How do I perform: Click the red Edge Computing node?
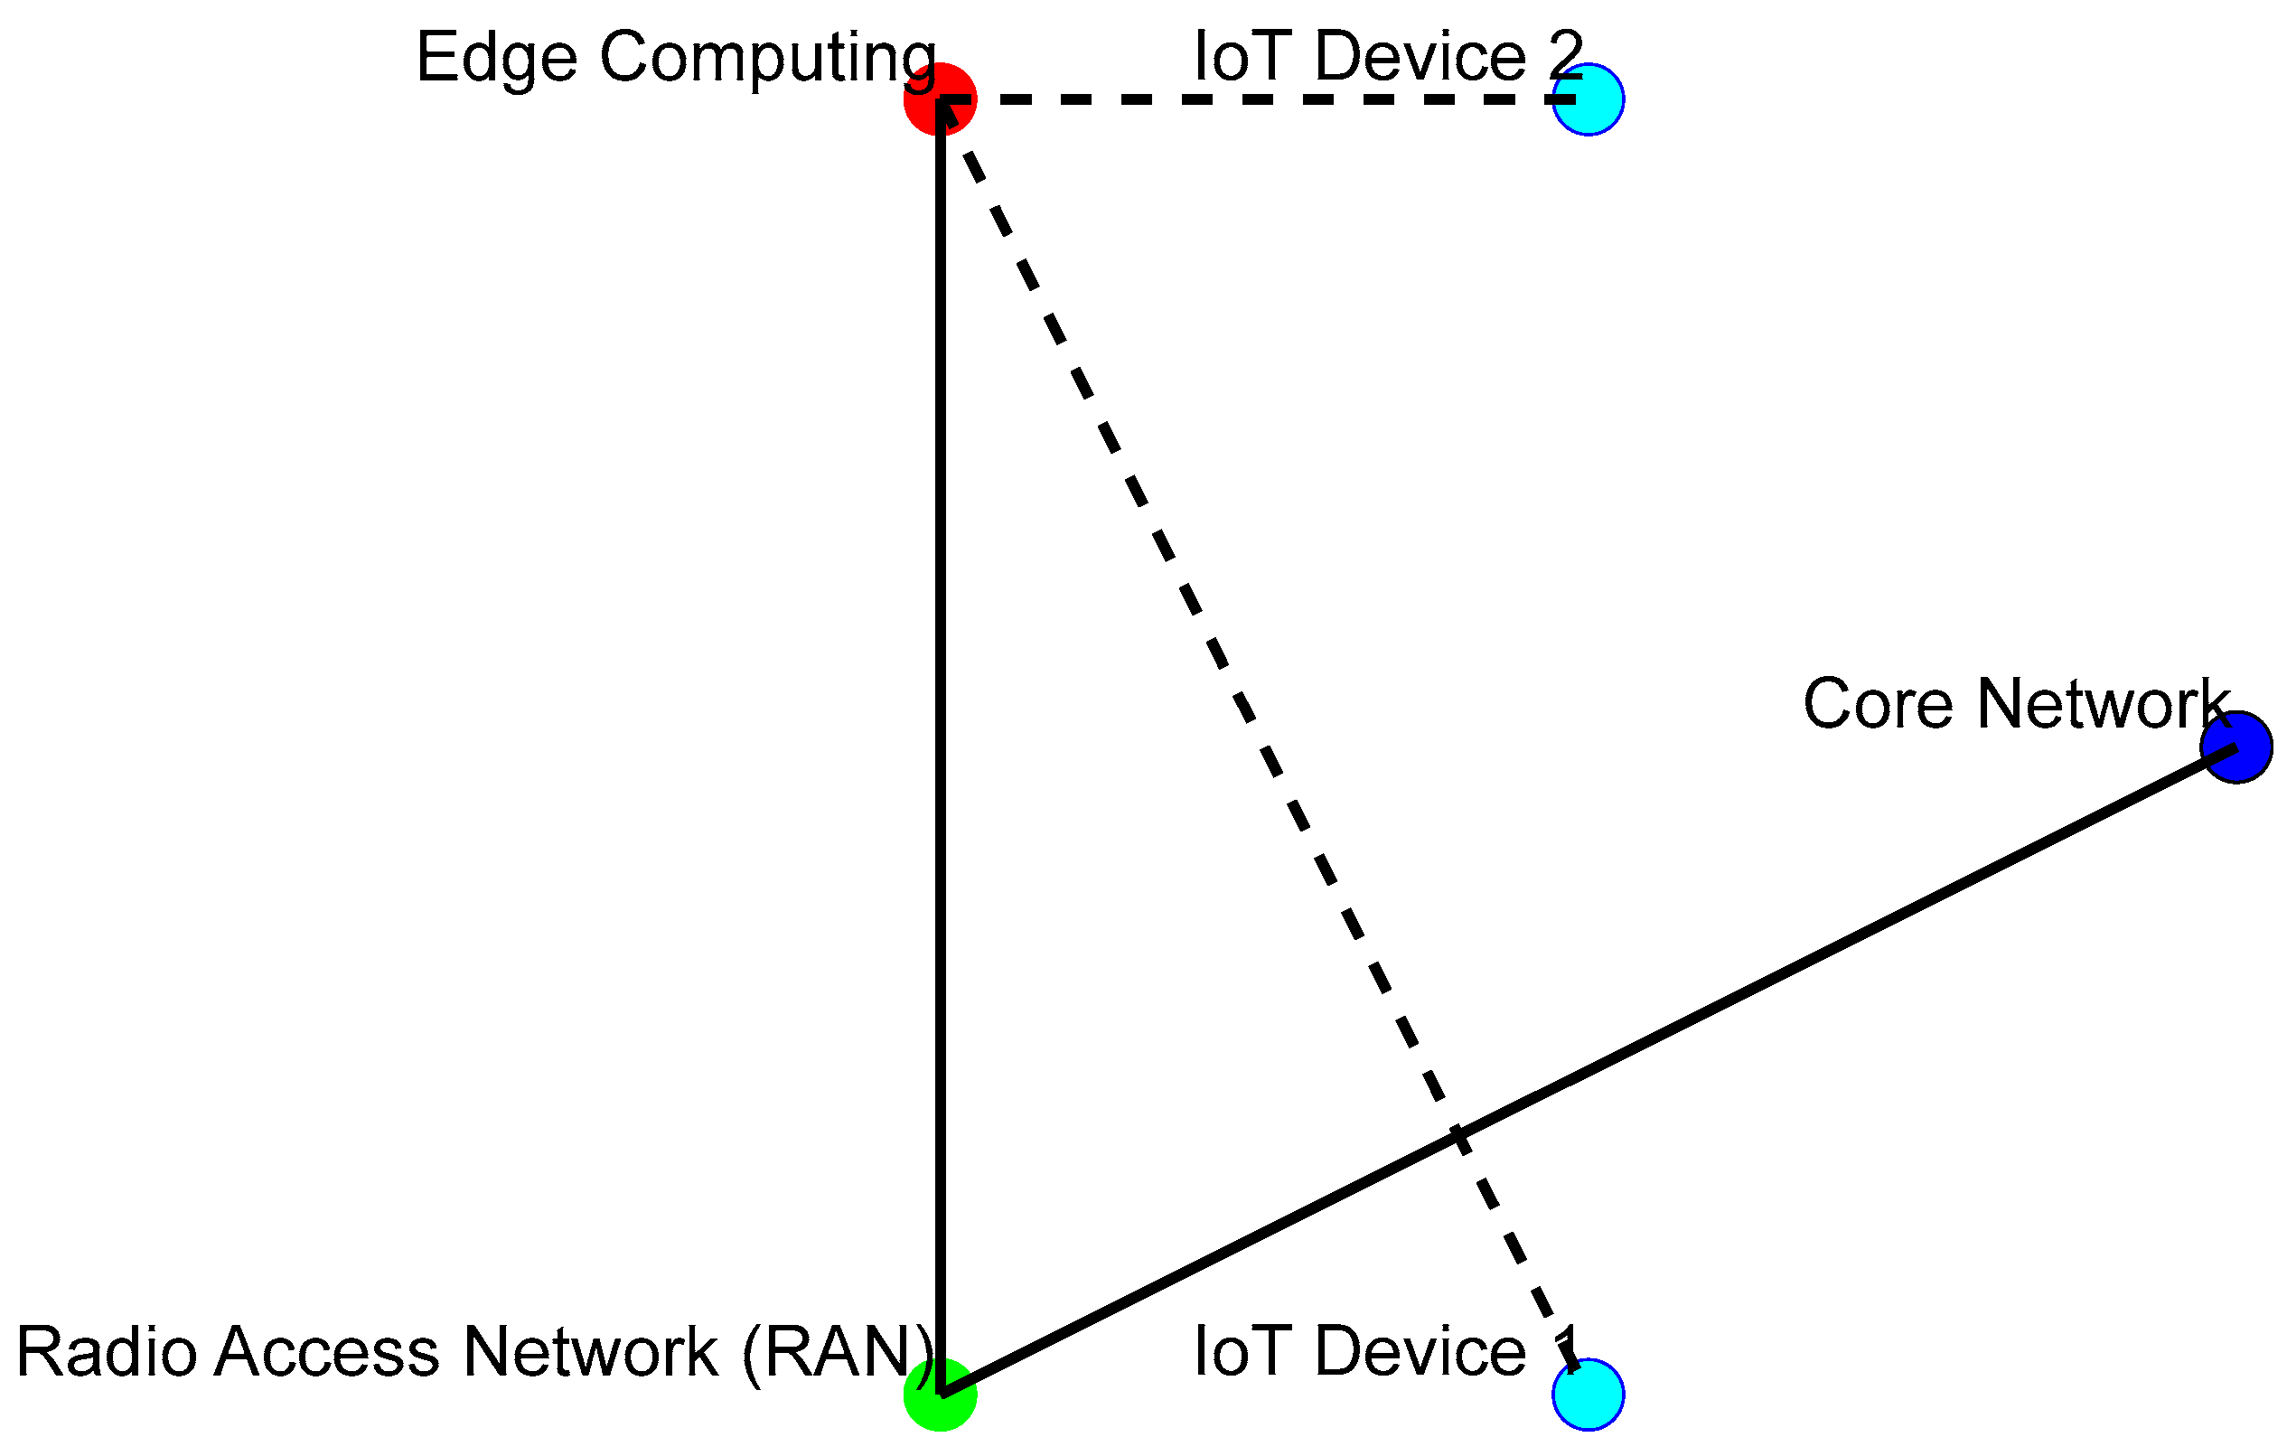[x=940, y=99]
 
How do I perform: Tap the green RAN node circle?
[x=940, y=1394]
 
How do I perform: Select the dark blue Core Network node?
[x=2236, y=747]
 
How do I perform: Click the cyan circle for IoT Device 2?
[x=1588, y=99]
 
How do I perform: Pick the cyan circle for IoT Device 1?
[x=1588, y=1394]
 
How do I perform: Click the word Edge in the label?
[x=496, y=59]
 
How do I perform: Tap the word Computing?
[x=767, y=59]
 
